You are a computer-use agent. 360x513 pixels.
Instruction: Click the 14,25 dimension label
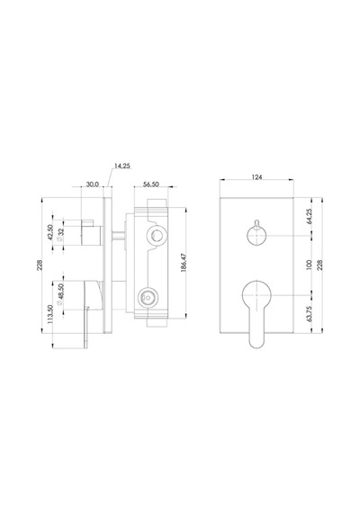[x=122, y=166]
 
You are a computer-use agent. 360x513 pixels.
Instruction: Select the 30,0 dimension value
[x=93, y=184]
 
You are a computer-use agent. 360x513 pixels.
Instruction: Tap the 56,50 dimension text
[x=151, y=184]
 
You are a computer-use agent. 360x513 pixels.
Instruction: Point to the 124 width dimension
[x=256, y=177]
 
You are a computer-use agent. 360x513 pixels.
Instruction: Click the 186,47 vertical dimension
[x=184, y=262]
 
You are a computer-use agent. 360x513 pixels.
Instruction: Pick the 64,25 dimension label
[x=310, y=216]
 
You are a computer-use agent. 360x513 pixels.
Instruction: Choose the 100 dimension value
[x=310, y=265]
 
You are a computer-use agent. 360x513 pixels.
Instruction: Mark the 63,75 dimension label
[x=310, y=314]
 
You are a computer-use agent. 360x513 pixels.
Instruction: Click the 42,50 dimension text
[x=50, y=232]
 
